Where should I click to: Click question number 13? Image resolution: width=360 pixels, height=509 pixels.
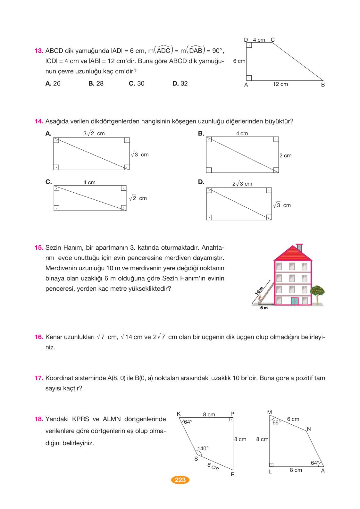point(39,51)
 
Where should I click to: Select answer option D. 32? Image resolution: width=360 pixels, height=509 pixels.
point(180,83)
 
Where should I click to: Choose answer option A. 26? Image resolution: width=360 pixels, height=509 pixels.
point(53,83)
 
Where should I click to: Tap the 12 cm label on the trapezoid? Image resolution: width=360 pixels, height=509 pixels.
point(280,84)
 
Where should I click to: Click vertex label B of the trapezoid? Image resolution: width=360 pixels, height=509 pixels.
point(323,85)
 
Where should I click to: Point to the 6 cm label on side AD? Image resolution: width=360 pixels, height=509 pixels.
point(239,61)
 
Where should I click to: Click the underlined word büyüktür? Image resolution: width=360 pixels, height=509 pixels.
point(277,121)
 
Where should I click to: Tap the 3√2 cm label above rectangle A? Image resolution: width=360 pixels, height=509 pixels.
point(94,133)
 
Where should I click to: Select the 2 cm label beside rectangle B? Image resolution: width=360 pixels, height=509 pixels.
point(285,155)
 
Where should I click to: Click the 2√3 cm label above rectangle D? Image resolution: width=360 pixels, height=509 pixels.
point(242,184)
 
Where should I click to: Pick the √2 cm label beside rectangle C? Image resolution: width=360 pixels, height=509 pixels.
point(138,198)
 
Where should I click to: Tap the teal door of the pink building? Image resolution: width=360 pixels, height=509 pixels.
point(294,301)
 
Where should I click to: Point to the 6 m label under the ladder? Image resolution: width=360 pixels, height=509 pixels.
point(264,308)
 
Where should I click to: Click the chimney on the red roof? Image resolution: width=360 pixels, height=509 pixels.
point(299,247)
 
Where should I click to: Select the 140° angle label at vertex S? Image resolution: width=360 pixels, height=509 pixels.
point(203,448)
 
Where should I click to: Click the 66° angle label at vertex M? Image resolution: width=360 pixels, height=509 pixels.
point(276,422)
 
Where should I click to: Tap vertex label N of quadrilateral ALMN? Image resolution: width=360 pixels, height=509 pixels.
point(309,429)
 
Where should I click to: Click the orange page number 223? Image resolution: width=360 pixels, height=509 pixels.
point(180,480)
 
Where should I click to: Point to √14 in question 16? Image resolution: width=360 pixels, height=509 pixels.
point(127,337)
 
